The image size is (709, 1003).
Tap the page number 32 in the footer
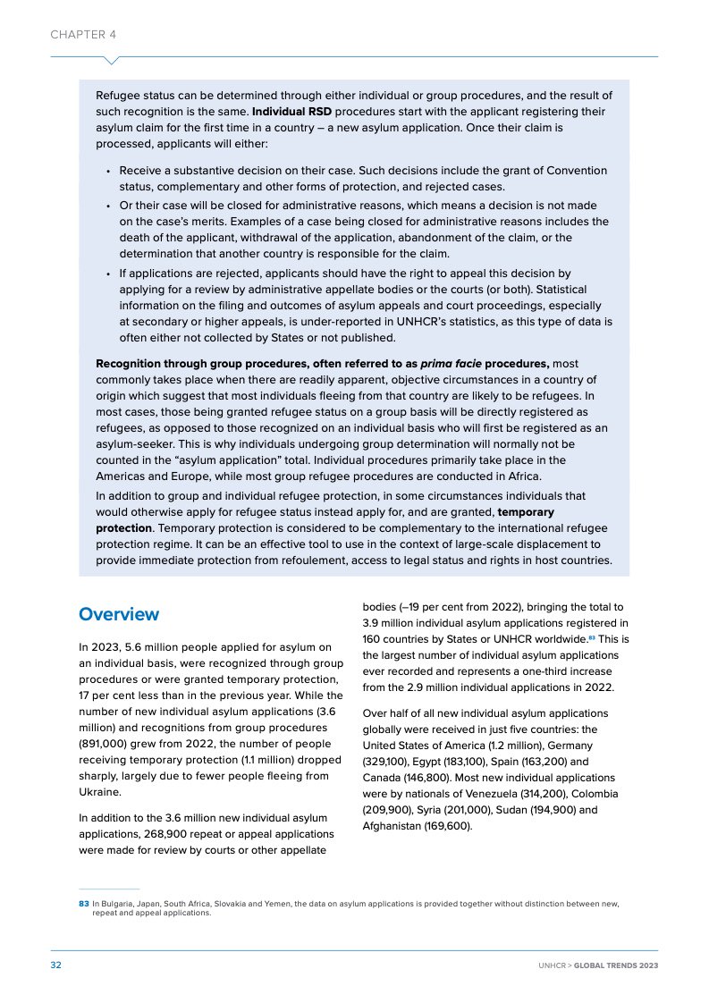[x=55, y=965]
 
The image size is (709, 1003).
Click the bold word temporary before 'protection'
[x=526, y=512]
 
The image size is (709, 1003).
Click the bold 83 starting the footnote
[x=84, y=904]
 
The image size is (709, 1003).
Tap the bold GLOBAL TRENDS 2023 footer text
[x=616, y=965]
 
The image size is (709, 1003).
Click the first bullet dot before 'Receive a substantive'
[x=107, y=171]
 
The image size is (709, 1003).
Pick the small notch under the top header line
[x=112, y=61]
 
